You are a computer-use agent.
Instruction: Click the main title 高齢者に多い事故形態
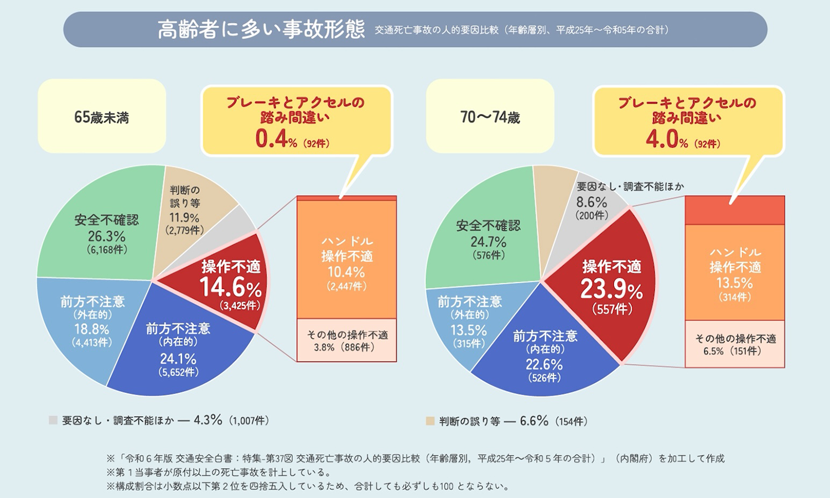[261, 29]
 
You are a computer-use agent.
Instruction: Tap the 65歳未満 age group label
[102, 117]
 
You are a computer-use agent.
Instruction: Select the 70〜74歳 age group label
[490, 117]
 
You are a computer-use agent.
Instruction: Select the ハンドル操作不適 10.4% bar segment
[347, 263]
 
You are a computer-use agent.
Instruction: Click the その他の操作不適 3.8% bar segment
[347, 341]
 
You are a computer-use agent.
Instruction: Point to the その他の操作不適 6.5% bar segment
[735, 344]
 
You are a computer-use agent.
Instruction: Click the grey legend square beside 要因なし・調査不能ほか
[53, 421]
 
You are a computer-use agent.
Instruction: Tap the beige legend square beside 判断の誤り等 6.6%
[430, 422]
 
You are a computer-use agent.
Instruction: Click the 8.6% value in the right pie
[592, 203]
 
